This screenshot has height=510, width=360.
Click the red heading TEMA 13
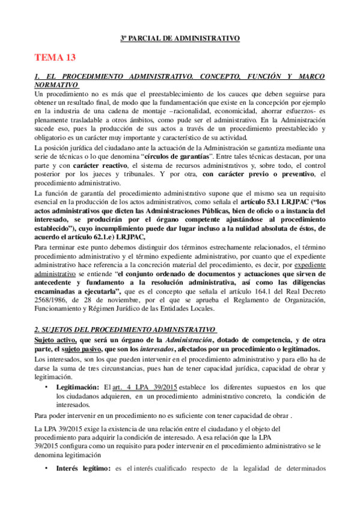click(x=55, y=58)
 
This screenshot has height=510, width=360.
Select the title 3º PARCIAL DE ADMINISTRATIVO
click(x=180, y=38)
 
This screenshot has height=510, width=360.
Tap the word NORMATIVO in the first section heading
click(x=56, y=85)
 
